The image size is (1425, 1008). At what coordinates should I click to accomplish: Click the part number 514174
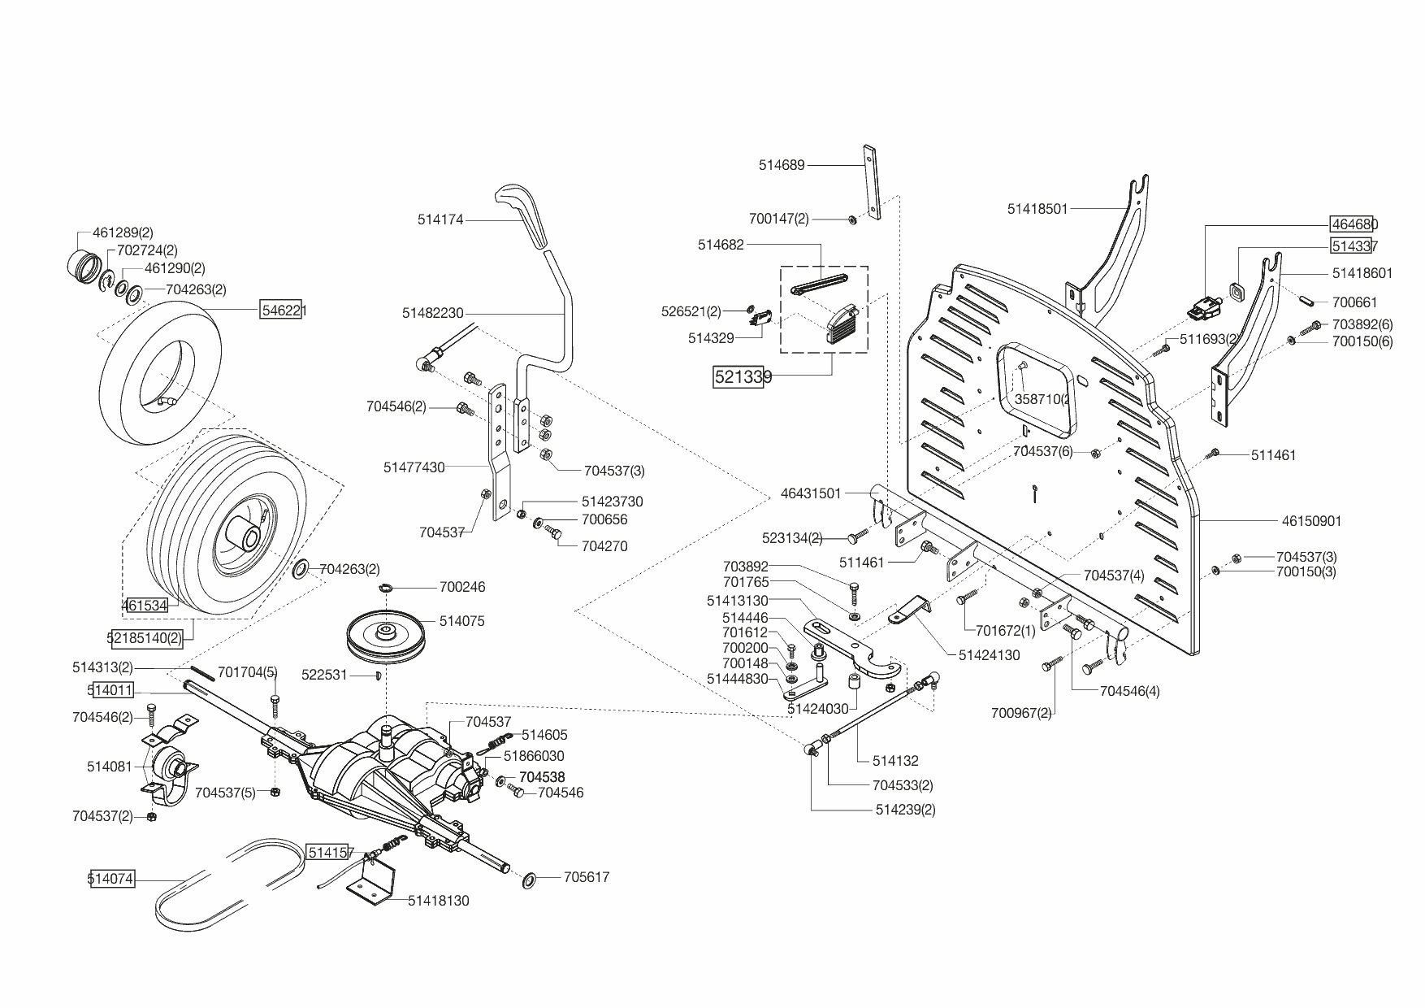pyautogui.click(x=440, y=219)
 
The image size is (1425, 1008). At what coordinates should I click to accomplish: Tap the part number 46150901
pyautogui.click(x=1311, y=521)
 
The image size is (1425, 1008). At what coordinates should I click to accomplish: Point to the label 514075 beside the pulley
pyautogui.click(x=461, y=621)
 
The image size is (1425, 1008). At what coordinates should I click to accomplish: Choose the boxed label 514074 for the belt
pyautogui.click(x=111, y=879)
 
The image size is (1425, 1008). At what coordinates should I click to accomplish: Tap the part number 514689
pyautogui.click(x=782, y=165)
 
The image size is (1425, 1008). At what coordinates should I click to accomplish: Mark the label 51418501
pyautogui.click(x=1037, y=209)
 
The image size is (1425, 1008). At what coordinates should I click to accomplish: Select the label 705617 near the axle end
pyautogui.click(x=587, y=877)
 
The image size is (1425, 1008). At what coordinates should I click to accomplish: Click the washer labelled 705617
pyautogui.click(x=529, y=880)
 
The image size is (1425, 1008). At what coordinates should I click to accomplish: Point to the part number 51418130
pyautogui.click(x=439, y=901)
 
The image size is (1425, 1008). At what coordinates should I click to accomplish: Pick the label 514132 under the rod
pyautogui.click(x=895, y=761)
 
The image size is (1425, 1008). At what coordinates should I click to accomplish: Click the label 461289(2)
pyautogui.click(x=123, y=232)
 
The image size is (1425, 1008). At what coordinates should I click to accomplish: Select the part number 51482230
pyautogui.click(x=432, y=313)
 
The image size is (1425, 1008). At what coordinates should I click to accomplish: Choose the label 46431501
pyautogui.click(x=811, y=493)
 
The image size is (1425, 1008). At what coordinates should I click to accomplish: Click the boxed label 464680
pyautogui.click(x=1354, y=224)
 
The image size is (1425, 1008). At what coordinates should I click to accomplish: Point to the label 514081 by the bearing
pyautogui.click(x=109, y=766)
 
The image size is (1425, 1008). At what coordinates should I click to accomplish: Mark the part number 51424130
pyautogui.click(x=990, y=655)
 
